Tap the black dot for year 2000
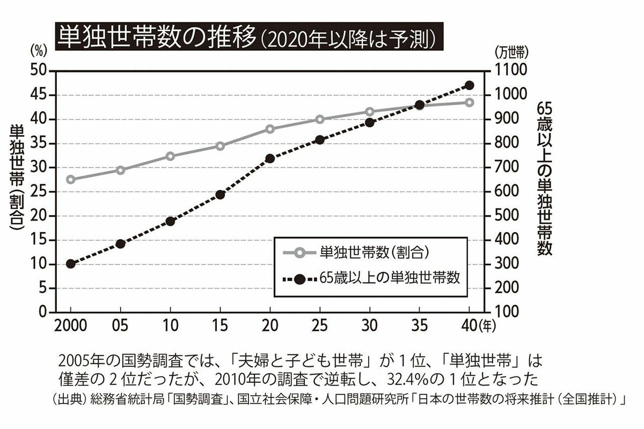point(70,264)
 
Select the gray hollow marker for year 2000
point(70,180)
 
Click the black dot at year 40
point(470,85)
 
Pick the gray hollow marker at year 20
point(270,129)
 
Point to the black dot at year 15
point(220,195)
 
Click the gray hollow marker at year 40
point(470,102)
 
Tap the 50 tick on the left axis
point(41,71)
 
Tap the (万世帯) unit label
point(512,53)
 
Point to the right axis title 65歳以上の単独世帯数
point(544,180)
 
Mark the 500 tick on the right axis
point(506,216)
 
